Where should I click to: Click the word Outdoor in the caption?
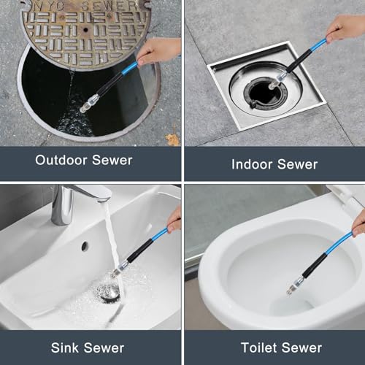[61, 161]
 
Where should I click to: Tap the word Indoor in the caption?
[252, 164]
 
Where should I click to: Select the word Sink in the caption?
[65, 347]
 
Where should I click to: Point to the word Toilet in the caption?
[259, 347]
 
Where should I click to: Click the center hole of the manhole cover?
[85, 30]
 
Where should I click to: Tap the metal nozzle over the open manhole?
[89, 104]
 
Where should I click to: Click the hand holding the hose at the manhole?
[158, 52]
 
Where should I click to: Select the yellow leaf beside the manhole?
[172, 139]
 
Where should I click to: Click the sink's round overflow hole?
[85, 246]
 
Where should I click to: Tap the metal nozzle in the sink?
[119, 269]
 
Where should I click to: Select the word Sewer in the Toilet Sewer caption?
[301, 347]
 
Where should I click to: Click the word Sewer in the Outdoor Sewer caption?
[112, 161]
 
